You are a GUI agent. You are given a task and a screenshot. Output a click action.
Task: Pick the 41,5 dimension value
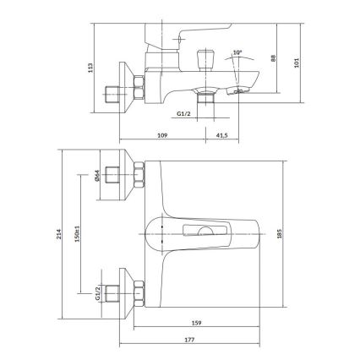pos(222,134)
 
